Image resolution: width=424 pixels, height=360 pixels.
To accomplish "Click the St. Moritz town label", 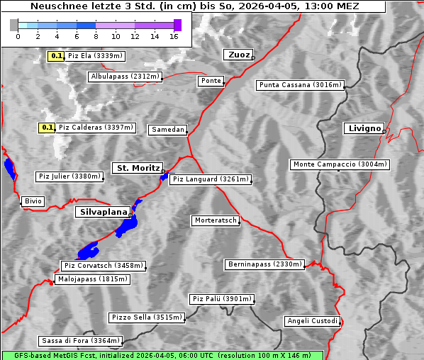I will pos(137,168).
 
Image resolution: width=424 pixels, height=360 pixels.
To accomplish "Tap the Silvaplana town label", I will pos(103,212).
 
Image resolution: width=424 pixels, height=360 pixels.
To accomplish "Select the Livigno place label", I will pos(364,128).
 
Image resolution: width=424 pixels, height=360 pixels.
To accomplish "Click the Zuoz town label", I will pos(238,55).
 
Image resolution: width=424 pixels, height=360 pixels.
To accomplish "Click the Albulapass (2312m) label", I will pos(125,77).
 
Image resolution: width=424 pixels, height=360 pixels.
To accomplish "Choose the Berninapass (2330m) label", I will pos(264,264).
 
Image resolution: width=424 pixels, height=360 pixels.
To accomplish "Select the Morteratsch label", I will pos(215,220).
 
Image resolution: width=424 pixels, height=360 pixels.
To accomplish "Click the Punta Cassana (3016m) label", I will pos(300,85).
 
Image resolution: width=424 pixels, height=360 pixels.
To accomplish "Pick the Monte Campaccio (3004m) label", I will pos(340,164).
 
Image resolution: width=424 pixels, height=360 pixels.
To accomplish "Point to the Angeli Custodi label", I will pos(312,321).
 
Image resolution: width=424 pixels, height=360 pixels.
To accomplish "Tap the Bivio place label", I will pos(33,201).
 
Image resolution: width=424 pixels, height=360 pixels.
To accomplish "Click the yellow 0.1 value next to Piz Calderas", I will pos(48,128).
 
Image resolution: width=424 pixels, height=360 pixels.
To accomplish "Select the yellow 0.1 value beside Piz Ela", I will pos(57,56).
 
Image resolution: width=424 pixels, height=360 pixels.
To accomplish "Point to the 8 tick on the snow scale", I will pos(95,36).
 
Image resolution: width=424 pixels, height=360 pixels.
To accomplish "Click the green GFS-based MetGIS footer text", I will pos(162,355).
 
